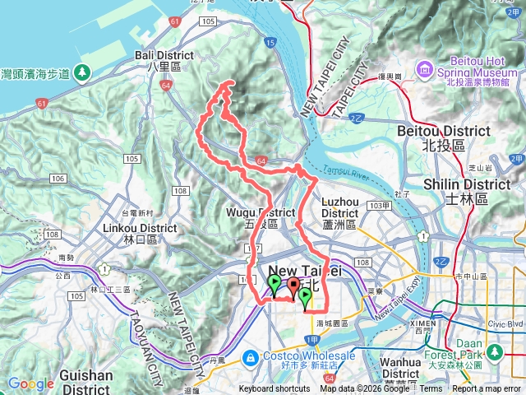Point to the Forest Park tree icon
click(496, 352)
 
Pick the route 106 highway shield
click(58, 179)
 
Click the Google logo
click(30, 383)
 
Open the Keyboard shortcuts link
click(275, 389)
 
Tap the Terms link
click(431, 389)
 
